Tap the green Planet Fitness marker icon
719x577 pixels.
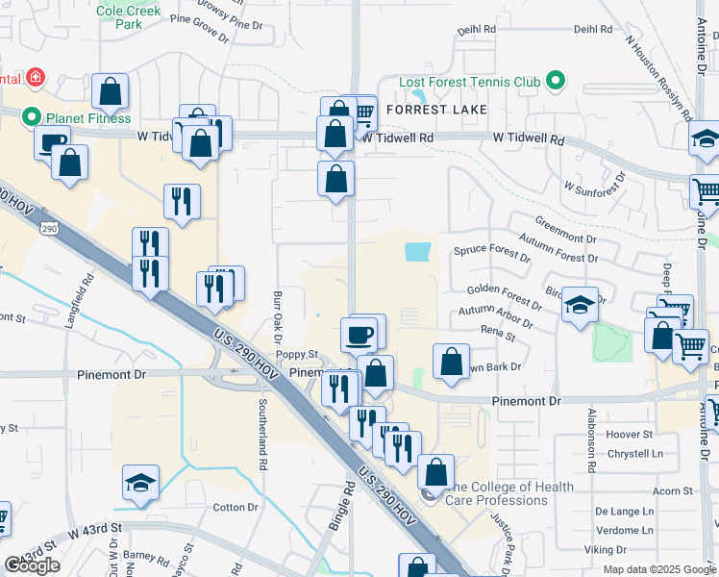32,118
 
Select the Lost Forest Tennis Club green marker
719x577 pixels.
555,82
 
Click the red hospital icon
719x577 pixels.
36,76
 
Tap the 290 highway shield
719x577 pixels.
48,229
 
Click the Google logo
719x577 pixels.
32,565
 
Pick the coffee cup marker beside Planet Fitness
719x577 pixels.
52,141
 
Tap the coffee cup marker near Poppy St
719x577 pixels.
359,334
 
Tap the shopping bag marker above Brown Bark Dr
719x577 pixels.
451,362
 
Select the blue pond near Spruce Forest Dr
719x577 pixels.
418,252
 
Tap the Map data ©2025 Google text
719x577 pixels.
659,569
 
